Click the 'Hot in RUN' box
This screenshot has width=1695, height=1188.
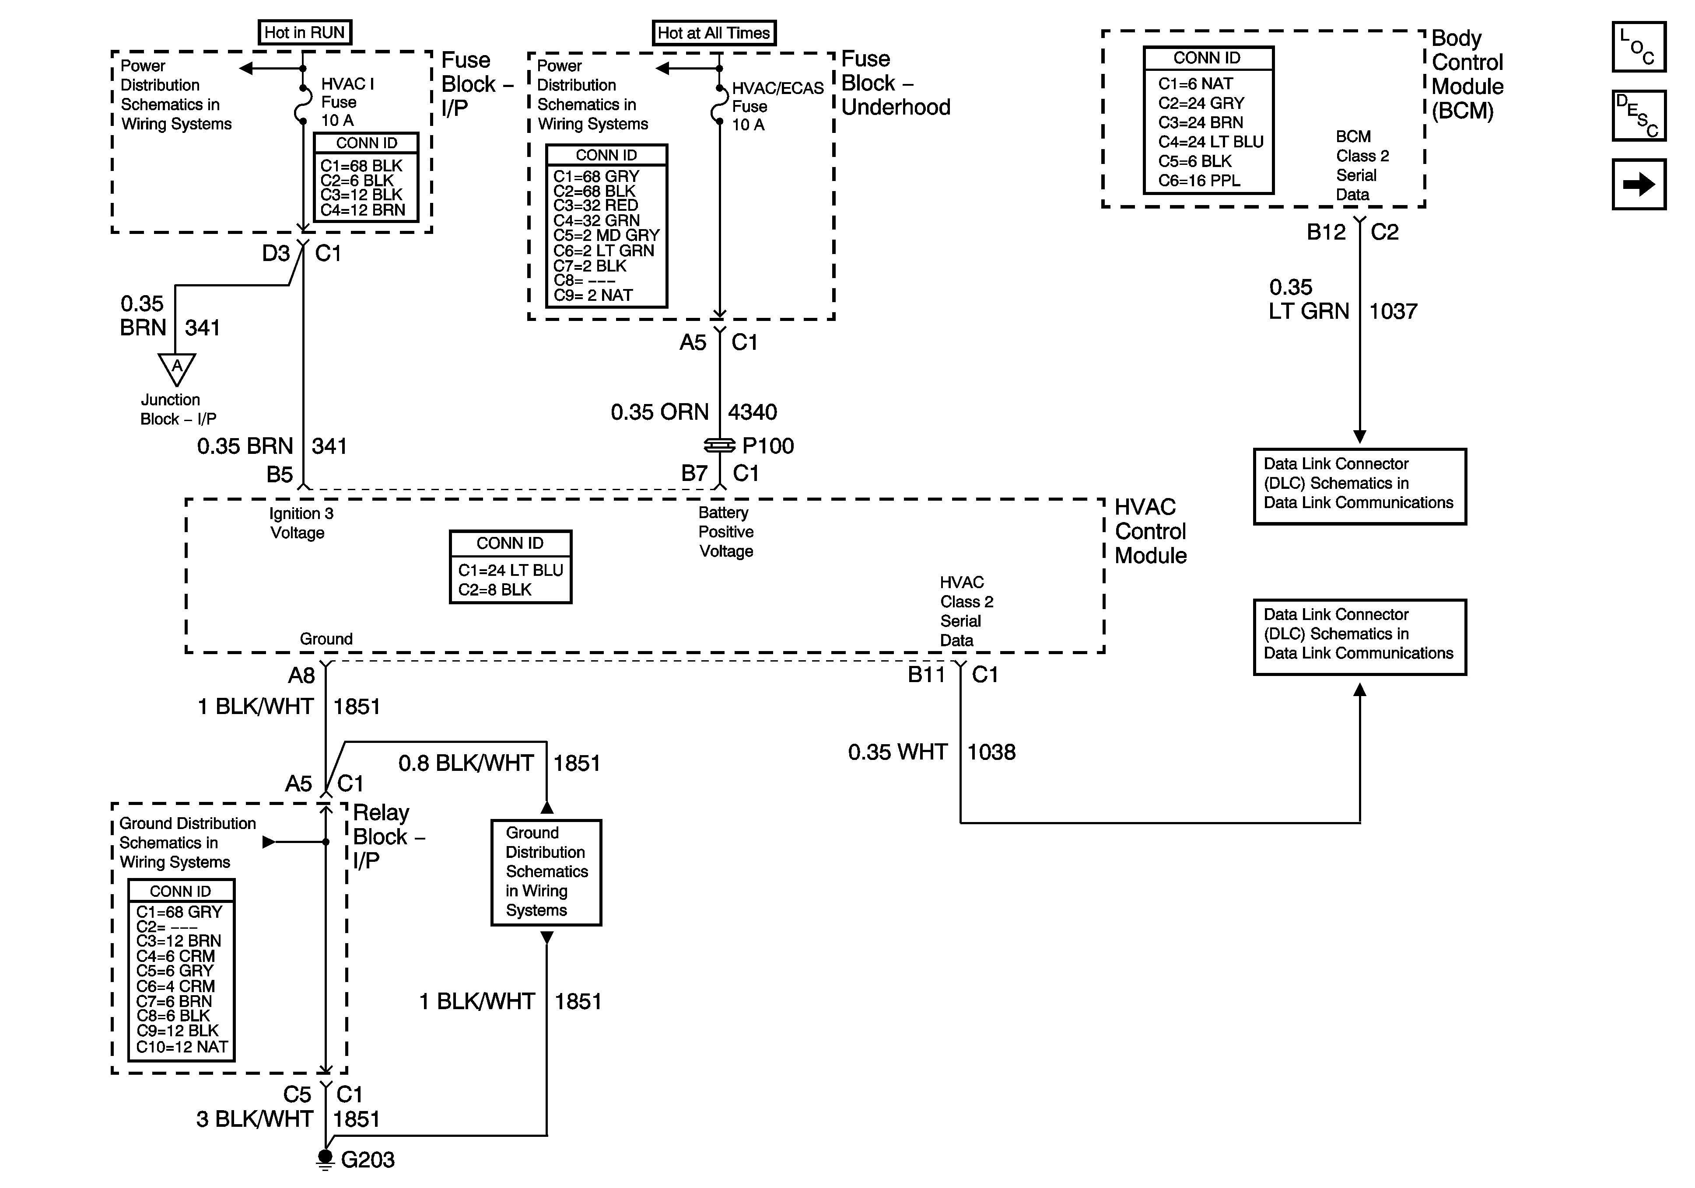coord(304,32)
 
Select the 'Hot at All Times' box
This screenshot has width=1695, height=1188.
coord(713,32)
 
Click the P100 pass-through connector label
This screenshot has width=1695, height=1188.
coord(768,446)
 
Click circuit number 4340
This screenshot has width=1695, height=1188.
coord(752,412)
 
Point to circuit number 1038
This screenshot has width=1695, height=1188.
coord(991,752)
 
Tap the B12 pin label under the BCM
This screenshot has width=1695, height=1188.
coord(1326,233)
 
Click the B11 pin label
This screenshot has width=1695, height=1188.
coord(926,674)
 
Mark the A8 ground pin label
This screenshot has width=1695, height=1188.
coord(301,675)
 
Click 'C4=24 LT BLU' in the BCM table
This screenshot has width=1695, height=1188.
coord(1211,142)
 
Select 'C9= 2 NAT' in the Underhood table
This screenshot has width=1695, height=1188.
coord(594,295)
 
